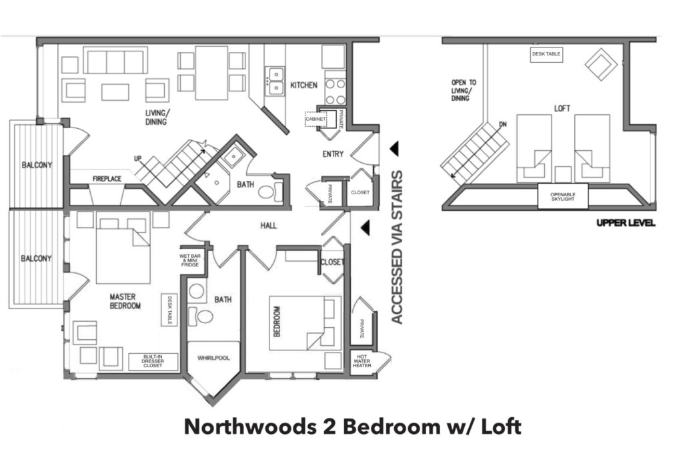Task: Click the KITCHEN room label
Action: pos(303,85)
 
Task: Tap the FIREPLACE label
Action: pos(107,179)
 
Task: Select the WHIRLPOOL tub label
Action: pos(213,358)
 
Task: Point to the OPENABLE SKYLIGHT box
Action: pos(563,196)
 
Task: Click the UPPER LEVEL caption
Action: pos(626,223)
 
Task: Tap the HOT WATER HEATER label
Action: pos(362,361)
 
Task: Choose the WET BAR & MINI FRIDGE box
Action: pos(190,260)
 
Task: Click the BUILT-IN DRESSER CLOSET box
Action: pos(153,361)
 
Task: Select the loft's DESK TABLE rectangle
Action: pos(546,55)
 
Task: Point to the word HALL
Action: pos(268,226)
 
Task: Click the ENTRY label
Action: pos(333,154)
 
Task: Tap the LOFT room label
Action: pos(562,108)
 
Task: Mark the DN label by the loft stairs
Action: pos(503,125)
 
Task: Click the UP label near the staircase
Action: pos(137,159)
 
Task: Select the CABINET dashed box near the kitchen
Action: pos(315,119)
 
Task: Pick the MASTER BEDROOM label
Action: pos(125,301)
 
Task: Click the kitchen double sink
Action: pos(275,81)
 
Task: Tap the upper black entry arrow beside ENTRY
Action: pos(394,149)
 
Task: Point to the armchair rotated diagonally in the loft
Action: pos(601,65)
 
